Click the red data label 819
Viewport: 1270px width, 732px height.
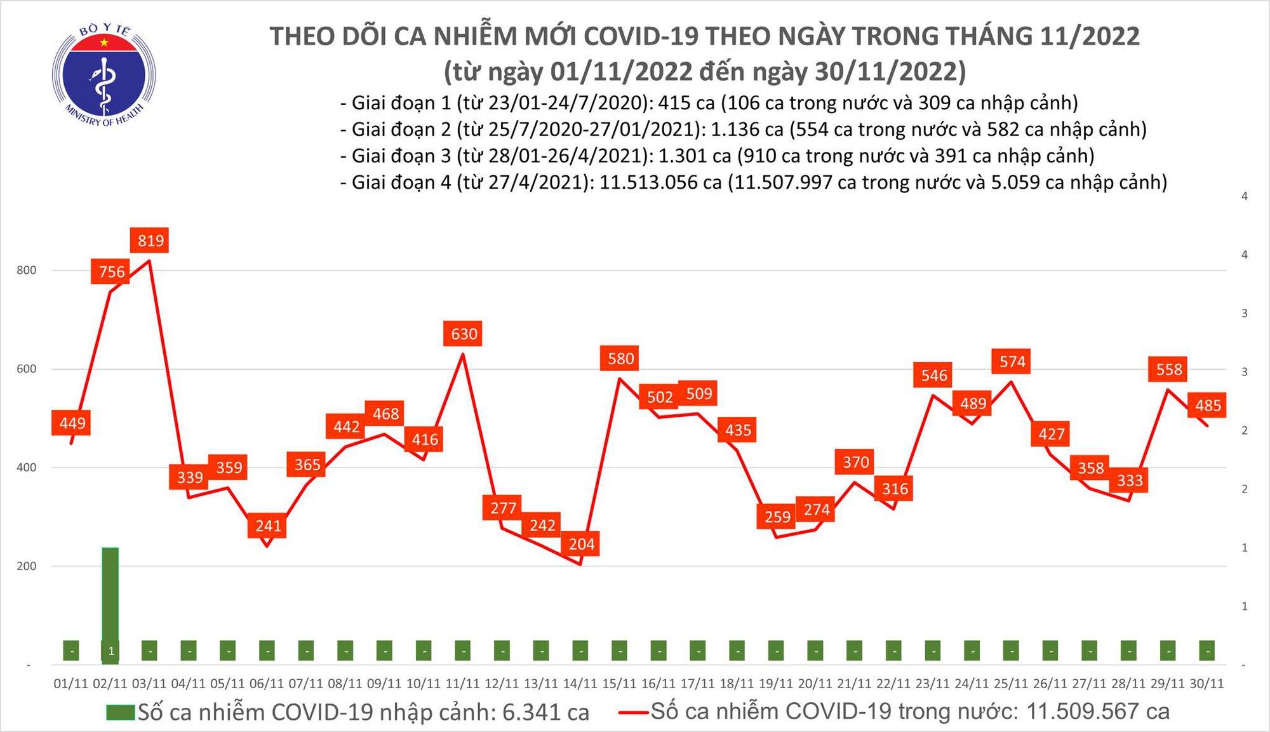150,240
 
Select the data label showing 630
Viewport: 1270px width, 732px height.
464,334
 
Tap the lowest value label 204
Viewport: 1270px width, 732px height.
581,544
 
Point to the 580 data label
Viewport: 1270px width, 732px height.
620,358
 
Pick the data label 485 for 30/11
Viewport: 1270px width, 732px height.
1208,405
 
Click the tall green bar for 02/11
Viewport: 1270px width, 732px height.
110,597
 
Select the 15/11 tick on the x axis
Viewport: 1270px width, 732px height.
619,684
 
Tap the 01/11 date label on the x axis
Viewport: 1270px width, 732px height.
70,684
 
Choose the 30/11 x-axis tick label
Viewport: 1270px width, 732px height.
1206,684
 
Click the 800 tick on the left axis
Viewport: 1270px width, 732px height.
27,270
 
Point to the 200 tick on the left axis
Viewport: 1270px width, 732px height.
27,566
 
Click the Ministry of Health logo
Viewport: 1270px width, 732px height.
104,75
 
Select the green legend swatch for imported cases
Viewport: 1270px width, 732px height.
121,712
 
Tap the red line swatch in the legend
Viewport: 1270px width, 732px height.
633,712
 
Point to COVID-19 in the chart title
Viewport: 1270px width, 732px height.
641,36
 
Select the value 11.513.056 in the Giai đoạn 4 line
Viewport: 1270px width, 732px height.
661,182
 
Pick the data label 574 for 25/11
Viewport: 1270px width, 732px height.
1012,362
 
